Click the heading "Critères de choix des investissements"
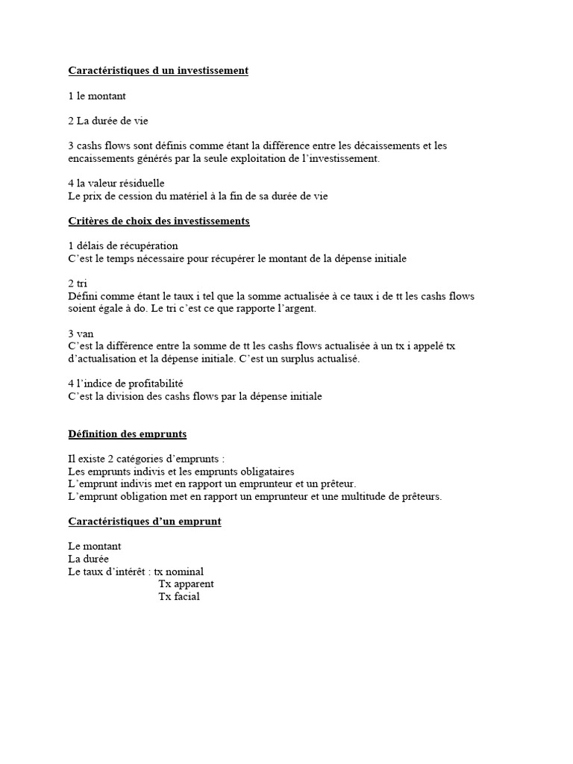[159, 221]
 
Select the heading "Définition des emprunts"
[128, 433]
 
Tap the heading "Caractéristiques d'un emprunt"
[145, 522]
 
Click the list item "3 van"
[81, 333]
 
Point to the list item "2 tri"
[78, 283]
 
